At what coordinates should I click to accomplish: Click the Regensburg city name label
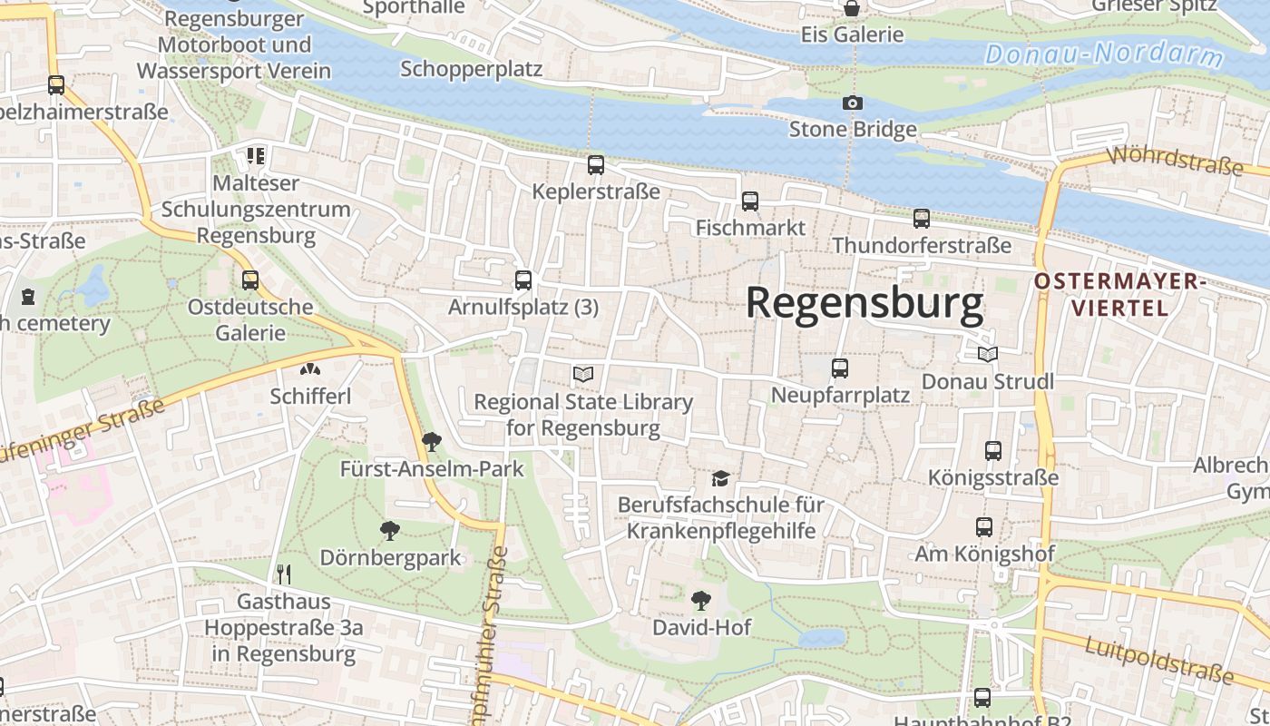(864, 303)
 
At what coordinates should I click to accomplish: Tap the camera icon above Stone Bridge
(852, 103)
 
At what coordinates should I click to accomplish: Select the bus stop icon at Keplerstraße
(595, 165)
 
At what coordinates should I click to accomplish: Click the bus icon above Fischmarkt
(749, 201)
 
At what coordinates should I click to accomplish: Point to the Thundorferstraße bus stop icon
(921, 219)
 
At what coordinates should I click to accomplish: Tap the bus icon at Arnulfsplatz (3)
(523, 280)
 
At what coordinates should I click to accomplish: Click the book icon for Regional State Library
(582, 374)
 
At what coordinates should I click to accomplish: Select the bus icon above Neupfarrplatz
(839, 368)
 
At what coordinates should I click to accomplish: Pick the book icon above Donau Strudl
(987, 354)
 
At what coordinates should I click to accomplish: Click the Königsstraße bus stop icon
(992, 450)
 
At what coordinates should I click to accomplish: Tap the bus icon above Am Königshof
(983, 526)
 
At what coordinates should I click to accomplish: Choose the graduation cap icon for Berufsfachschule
(720, 477)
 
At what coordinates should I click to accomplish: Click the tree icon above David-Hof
(700, 600)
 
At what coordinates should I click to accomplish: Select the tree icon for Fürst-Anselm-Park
(432, 442)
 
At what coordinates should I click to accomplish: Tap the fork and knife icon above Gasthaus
(284, 574)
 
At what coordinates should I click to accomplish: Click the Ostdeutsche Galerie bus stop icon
(249, 280)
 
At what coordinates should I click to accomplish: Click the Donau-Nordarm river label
(1104, 54)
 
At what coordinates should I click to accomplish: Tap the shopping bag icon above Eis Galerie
(852, 9)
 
